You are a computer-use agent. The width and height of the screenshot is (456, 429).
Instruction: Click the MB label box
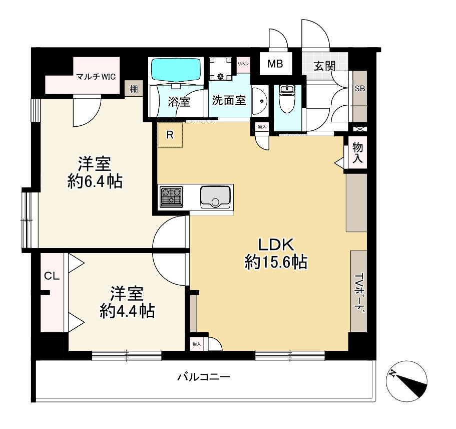(275, 64)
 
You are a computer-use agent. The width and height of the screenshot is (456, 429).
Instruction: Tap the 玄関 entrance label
(324, 66)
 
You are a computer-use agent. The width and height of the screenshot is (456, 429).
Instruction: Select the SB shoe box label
(359, 89)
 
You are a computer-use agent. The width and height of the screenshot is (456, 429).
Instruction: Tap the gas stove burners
(171, 196)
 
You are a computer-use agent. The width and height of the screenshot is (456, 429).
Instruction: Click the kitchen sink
(215, 196)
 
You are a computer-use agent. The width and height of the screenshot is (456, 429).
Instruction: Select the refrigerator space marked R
(170, 135)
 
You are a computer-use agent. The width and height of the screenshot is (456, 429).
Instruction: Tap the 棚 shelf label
(134, 89)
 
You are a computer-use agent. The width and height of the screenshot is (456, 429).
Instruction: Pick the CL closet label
(51, 275)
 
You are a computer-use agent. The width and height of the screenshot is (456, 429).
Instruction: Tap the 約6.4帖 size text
(95, 181)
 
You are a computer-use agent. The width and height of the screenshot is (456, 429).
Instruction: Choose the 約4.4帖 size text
(127, 312)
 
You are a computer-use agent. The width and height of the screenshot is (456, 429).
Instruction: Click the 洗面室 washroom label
(228, 100)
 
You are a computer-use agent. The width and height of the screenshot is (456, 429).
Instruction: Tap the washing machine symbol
(221, 69)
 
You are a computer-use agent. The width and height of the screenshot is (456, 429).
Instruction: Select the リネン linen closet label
(243, 64)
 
